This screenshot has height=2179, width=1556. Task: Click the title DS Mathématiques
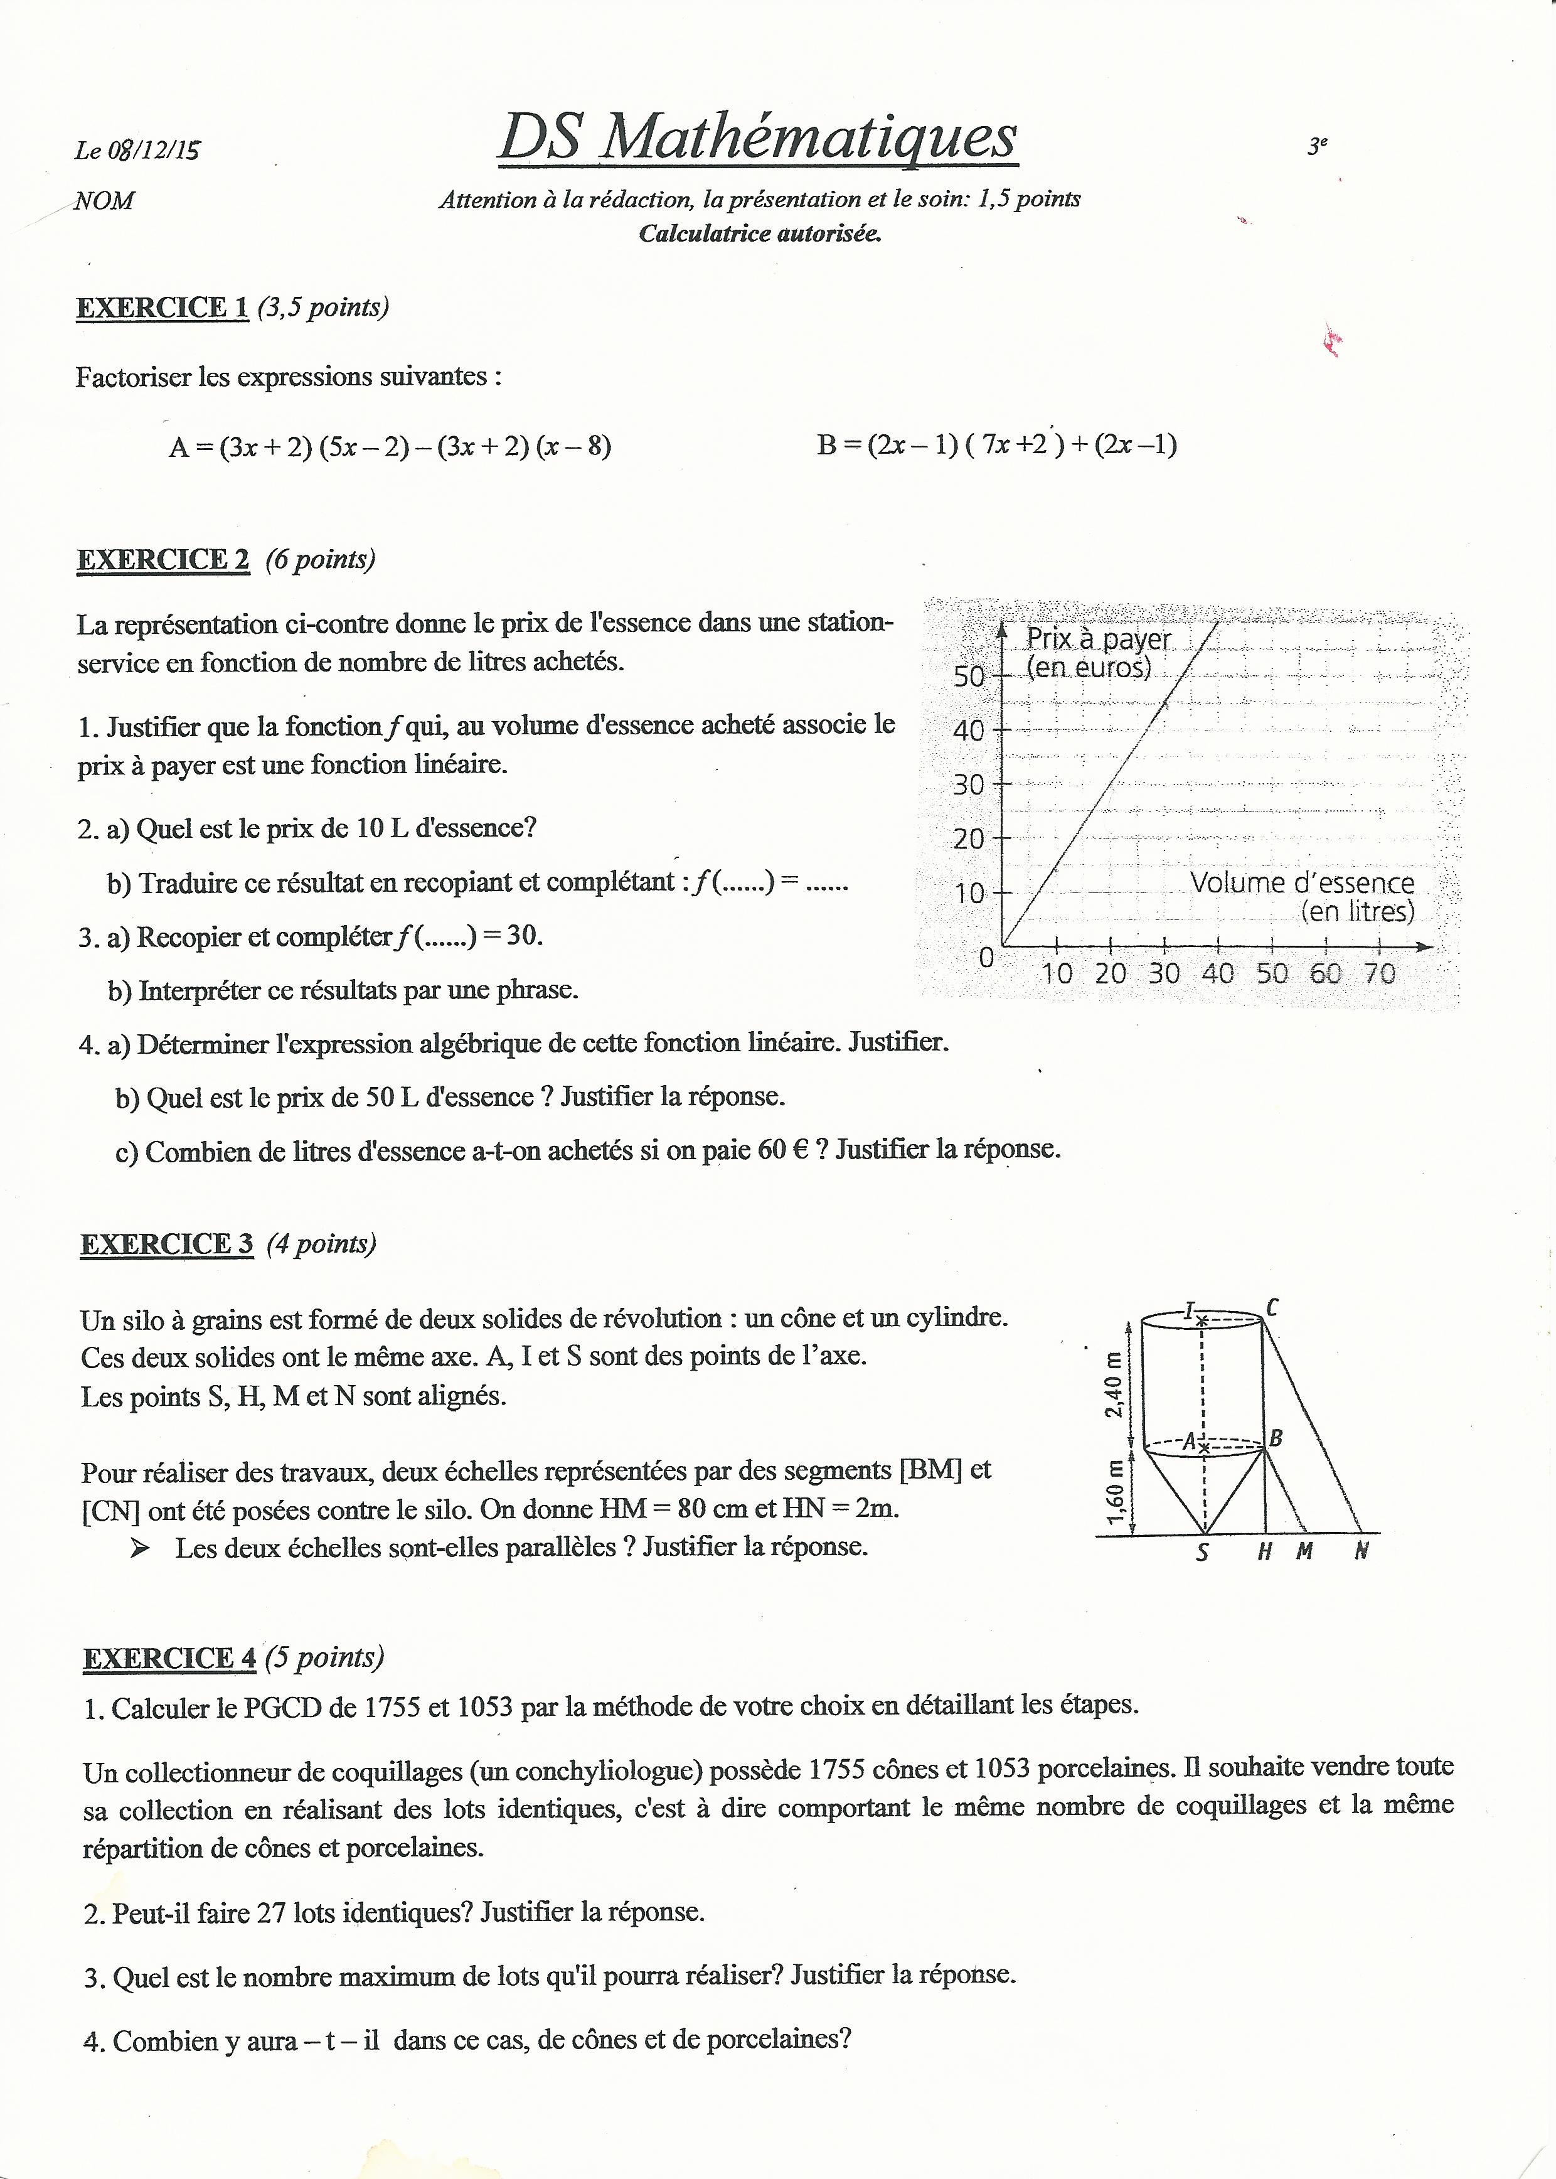tap(757, 137)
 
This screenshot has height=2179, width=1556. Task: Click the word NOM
tap(104, 201)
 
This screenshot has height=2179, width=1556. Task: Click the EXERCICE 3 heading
tap(167, 1244)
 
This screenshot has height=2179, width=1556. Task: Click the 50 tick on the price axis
tap(969, 677)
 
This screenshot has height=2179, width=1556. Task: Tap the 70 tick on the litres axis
tap(1380, 973)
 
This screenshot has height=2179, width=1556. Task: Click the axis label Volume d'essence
tap(1302, 882)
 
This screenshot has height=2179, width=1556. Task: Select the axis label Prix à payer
tap(1099, 639)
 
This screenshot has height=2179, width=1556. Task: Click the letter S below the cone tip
tap(1203, 1552)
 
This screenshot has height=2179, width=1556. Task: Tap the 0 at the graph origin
tap(986, 957)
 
